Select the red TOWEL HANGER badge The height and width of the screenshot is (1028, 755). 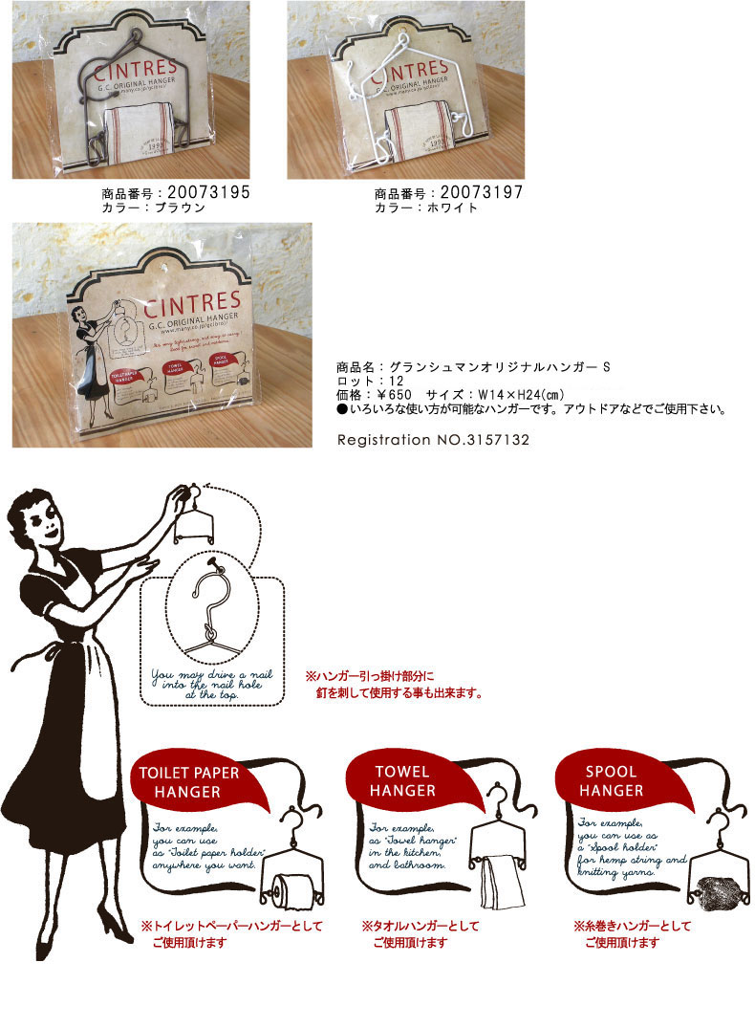(402, 780)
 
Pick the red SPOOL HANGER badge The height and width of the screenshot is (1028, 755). (611, 780)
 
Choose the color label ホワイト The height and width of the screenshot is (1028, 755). (451, 208)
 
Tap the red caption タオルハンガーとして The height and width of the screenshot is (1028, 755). (421, 926)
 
